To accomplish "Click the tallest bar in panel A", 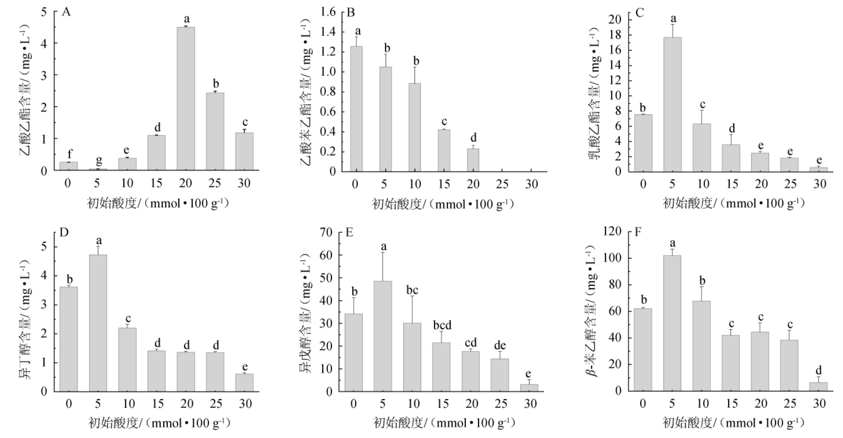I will pos(186,99).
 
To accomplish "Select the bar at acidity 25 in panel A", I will pos(215,131).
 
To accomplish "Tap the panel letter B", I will pos(351,13).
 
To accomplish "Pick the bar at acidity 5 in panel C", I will pos(672,104).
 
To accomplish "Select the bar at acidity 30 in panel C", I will pos(818,169).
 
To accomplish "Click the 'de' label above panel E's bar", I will pos(500,346).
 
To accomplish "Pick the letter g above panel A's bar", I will pos(99,159).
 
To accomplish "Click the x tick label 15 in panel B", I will pos(444,184).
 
